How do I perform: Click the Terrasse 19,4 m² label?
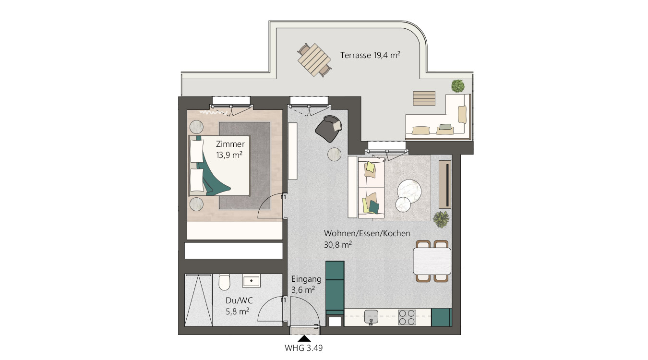click(370, 55)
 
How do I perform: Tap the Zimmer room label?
click(230, 144)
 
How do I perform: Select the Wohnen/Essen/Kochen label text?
click(367, 233)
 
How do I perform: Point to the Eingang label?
click(306, 279)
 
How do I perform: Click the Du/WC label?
click(239, 300)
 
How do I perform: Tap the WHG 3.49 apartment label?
click(303, 348)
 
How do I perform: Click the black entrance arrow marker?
click(304, 338)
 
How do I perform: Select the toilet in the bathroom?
click(224, 282)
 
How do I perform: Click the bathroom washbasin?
click(251, 281)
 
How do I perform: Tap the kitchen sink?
click(371, 317)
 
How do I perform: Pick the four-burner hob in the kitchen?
click(407, 317)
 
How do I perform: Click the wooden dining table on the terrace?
click(314, 60)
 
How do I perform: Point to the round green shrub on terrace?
click(458, 86)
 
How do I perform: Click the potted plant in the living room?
click(441, 219)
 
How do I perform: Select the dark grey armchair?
click(329, 128)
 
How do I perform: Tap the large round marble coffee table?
click(409, 192)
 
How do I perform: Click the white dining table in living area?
click(432, 261)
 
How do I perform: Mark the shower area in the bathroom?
click(198, 300)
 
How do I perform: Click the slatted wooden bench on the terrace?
click(424, 98)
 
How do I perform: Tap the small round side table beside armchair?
click(335, 154)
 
